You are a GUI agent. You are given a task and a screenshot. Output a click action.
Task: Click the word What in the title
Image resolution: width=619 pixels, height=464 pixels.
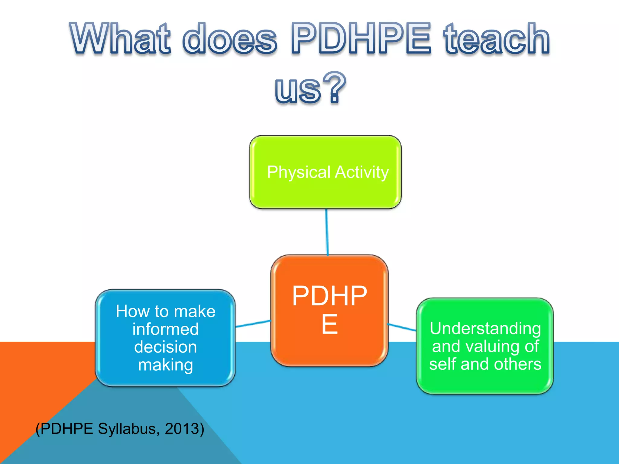121,39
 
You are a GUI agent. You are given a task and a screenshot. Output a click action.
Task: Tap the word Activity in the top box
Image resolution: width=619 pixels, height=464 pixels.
362,173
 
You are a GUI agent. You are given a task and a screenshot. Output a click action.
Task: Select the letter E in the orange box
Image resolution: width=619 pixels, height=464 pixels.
329,324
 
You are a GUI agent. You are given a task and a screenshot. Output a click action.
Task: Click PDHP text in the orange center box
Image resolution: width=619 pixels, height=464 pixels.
329,296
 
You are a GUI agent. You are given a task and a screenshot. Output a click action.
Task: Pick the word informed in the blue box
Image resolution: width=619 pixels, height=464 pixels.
166,329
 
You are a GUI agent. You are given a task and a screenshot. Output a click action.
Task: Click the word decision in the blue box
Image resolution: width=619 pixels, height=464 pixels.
166,347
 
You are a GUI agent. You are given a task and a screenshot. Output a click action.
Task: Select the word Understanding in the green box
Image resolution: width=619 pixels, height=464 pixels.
485,329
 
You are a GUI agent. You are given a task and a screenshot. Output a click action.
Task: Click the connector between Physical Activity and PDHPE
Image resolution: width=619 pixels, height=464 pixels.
327,232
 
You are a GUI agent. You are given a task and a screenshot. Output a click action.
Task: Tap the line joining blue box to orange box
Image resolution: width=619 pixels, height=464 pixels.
253,324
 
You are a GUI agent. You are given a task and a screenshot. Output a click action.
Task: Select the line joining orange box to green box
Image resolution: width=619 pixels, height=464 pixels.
402,327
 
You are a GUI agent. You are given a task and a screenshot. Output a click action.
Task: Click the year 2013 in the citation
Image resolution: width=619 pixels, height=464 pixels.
182,429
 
